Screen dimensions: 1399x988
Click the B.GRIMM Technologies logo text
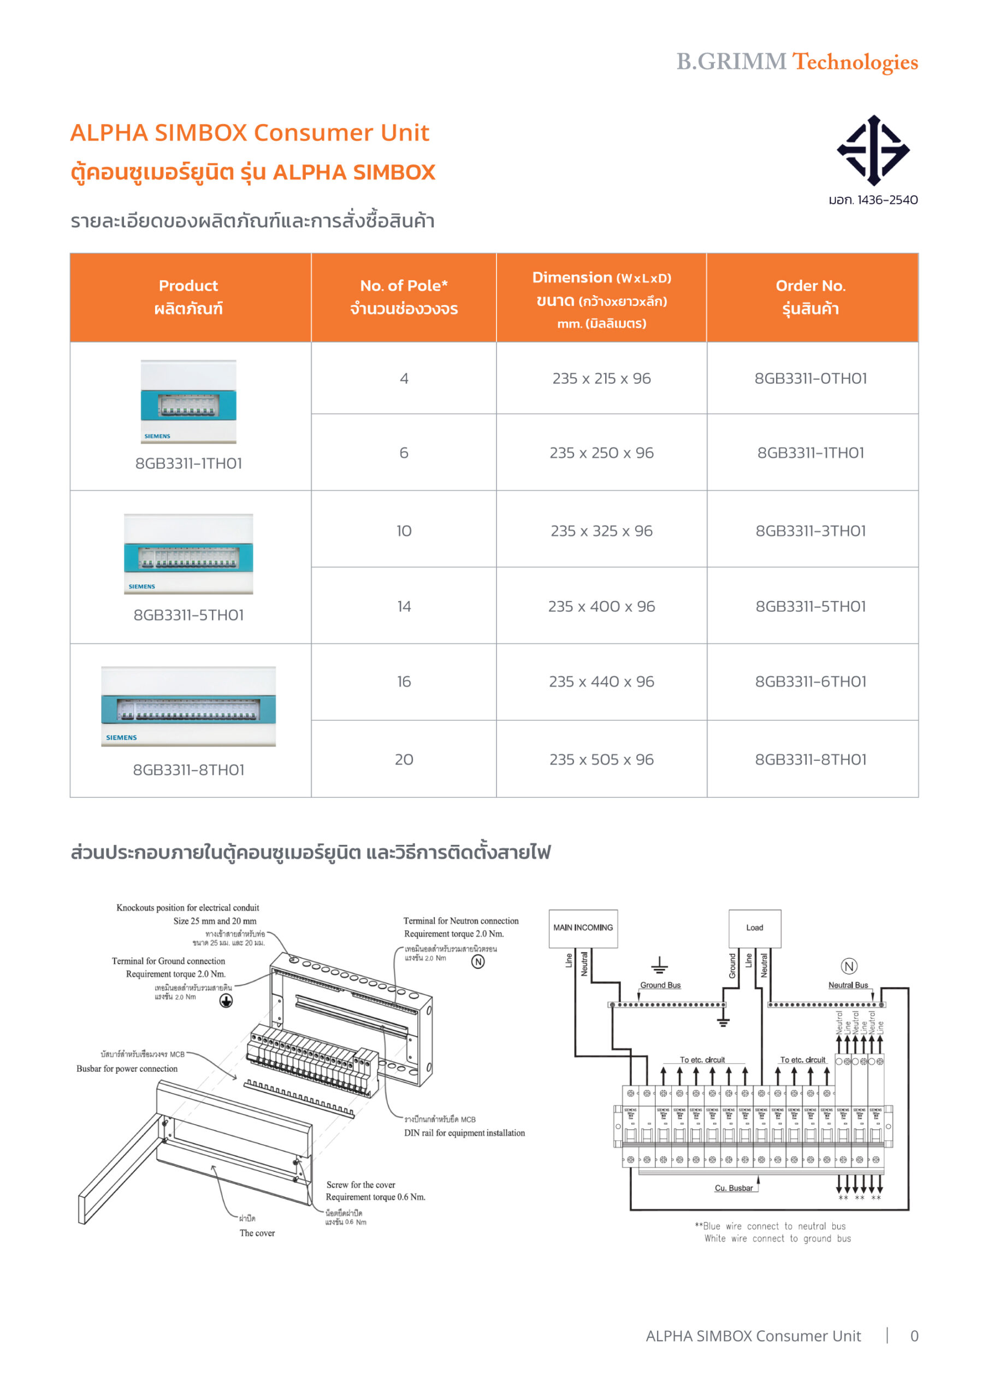797,62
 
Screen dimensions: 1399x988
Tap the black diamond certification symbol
873,150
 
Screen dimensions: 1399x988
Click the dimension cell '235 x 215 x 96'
601,378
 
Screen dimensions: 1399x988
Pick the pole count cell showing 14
404,606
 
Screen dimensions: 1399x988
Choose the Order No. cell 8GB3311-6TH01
810,681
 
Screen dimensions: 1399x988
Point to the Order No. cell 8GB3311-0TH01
810,378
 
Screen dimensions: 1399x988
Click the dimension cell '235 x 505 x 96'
601,759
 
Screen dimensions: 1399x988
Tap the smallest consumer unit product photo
188,401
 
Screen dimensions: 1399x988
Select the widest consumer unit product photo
188,706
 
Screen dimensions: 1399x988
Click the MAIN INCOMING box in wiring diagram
583,928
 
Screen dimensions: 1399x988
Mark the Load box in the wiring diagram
754,928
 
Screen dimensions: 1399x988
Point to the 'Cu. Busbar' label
733,1188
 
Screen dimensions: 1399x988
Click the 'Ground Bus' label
660,985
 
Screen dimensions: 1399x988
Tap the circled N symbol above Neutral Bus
849,966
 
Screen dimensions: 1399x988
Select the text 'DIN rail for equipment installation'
464,1133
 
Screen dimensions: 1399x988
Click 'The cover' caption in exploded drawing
257,1233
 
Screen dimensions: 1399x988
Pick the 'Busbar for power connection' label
127,1069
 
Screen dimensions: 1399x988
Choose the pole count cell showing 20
404,759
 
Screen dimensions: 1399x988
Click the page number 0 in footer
914,1336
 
